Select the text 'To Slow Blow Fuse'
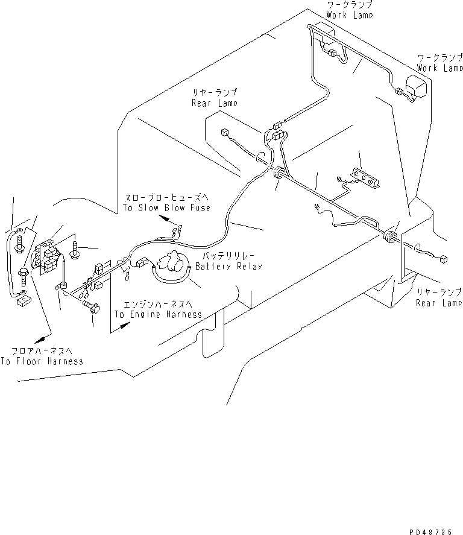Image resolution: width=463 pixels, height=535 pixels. (167, 208)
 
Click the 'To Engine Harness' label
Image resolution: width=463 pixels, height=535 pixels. (157, 315)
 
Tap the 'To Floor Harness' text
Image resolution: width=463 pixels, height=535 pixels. (42, 361)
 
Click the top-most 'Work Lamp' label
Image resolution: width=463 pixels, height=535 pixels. (350, 14)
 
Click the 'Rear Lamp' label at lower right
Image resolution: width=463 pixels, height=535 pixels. (439, 303)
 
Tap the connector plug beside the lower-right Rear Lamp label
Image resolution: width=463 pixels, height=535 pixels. (444, 259)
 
